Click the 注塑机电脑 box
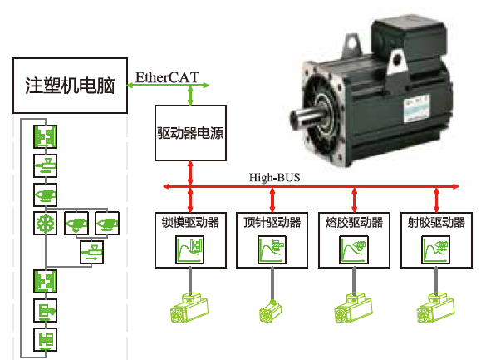tap(70, 86)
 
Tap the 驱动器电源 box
tap(190, 132)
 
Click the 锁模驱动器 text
tap(190, 223)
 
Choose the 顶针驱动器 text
tap(270, 223)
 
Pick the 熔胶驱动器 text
tap(351, 223)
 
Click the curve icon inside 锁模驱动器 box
tap(190, 249)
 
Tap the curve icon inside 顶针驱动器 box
tap(271, 249)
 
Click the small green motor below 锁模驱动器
tap(189, 313)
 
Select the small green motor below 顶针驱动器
tap(270, 314)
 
